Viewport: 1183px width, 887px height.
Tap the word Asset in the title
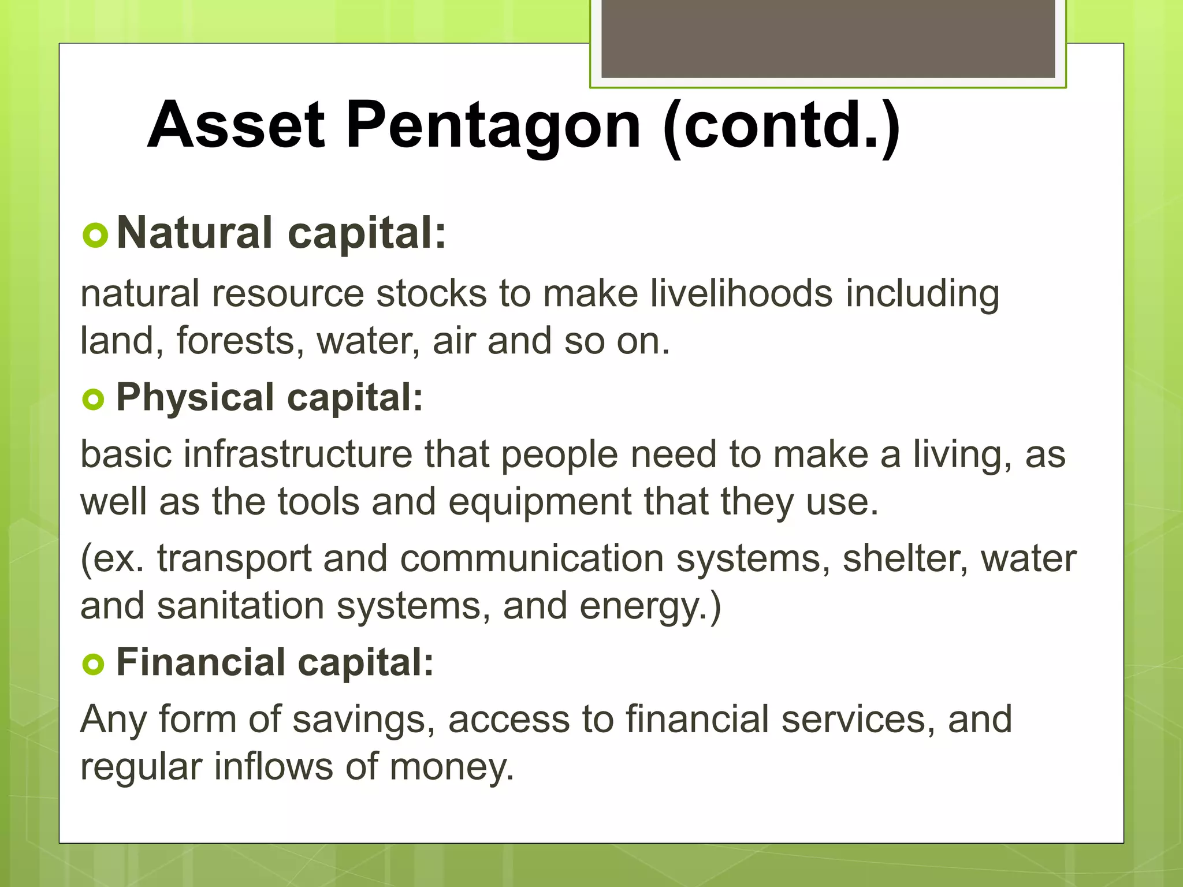[x=236, y=125]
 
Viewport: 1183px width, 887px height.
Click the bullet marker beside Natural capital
[x=95, y=236]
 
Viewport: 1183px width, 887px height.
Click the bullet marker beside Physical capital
[x=93, y=399]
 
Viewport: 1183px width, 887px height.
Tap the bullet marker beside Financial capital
[x=93, y=664]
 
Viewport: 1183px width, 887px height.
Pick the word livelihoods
[x=741, y=293]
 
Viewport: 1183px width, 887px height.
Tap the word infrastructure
[x=298, y=454]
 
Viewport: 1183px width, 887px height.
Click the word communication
[x=531, y=559]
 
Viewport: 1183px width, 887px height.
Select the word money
[x=451, y=767]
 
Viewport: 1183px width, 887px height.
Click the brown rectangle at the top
[x=828, y=38]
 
